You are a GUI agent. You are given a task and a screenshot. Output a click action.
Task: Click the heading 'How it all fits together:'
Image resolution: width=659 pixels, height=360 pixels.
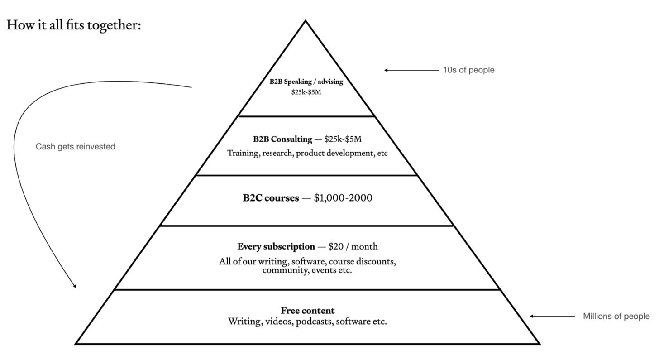pos(74,25)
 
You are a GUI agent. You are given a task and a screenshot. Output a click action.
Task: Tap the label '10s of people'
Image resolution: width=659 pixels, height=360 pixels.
pos(468,70)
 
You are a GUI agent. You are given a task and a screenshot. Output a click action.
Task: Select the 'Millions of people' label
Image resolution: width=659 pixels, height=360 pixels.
pos(616,316)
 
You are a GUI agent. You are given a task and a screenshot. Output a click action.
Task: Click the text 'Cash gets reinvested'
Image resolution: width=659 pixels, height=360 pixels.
pos(76,146)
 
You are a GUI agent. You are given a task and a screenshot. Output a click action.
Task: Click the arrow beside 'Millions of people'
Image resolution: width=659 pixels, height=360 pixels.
pos(553,316)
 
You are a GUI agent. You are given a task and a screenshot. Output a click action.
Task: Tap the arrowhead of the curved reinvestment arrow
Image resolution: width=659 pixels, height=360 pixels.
pos(75,286)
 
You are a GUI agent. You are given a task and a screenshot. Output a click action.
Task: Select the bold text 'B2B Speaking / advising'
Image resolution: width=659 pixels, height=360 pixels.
pos(306,82)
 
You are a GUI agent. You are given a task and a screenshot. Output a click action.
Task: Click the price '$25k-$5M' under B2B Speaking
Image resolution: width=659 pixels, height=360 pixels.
pos(306,92)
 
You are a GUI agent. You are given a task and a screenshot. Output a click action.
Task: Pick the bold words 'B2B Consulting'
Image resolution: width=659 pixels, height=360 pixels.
pos(282,139)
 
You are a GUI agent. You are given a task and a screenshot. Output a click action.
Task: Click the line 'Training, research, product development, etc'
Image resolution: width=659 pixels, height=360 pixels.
pos(307,153)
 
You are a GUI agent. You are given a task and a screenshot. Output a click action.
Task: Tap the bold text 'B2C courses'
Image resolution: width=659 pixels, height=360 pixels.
pos(271,197)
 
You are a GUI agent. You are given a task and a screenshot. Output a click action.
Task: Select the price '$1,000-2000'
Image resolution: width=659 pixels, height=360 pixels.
pos(343,197)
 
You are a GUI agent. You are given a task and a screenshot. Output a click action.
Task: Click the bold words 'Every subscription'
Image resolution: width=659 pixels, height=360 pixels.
pos(276,246)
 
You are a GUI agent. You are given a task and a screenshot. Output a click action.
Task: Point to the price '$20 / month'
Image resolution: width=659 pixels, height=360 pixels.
pos(353,246)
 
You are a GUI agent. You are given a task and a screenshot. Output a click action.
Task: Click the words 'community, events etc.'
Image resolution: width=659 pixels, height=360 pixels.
pos(307,270)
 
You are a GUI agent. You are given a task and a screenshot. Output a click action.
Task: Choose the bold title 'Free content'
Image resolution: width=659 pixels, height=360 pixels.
pos(308,310)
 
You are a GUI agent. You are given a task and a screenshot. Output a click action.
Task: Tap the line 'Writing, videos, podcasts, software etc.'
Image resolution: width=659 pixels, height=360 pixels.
pos(307,322)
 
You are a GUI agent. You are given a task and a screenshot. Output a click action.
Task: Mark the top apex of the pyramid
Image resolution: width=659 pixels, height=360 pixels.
pos(306,21)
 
